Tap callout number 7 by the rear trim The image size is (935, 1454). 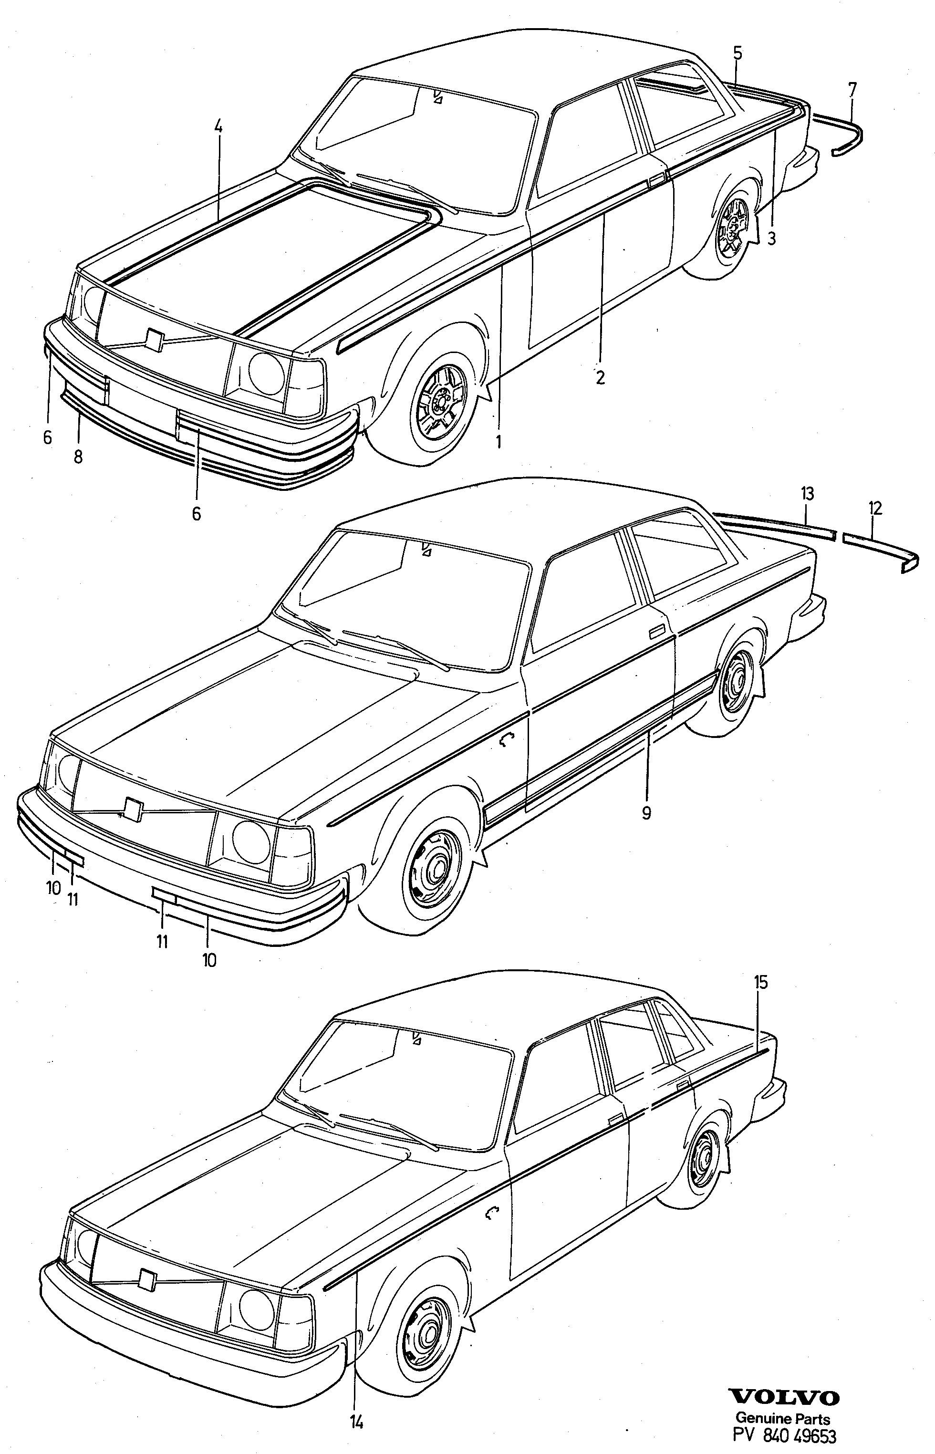[x=852, y=90]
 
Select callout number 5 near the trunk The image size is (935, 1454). [x=737, y=53]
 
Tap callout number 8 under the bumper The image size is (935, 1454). [x=78, y=457]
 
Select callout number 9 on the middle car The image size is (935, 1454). [x=646, y=812]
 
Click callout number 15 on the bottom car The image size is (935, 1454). [x=761, y=982]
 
